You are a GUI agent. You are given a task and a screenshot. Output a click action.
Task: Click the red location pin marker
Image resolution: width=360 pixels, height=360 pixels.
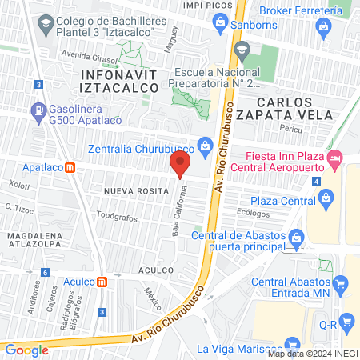click(x=180, y=165)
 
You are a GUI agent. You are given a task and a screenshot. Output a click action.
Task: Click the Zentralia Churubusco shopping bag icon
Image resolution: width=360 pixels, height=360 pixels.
click(x=205, y=145)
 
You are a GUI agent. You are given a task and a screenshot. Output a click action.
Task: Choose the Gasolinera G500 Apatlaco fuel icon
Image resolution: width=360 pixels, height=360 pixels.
click(x=37, y=110)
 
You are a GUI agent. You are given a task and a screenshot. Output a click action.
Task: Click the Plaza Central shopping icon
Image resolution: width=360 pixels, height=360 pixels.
click(x=324, y=200)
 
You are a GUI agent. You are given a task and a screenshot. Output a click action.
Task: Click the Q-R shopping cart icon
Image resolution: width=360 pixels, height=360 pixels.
click(x=346, y=322)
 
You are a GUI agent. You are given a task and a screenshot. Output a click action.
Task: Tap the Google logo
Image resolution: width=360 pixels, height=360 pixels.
click(x=26, y=350)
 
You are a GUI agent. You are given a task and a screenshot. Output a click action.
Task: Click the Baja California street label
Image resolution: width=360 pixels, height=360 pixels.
click(x=182, y=210)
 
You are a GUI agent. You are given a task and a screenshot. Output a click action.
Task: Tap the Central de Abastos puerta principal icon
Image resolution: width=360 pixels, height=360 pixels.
click(x=297, y=237)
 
